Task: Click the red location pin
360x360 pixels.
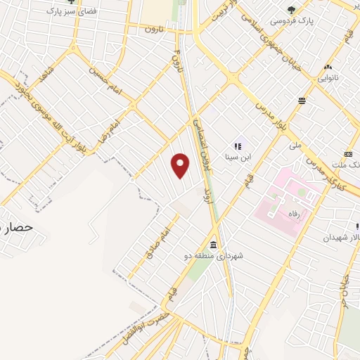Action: pyautogui.click(x=181, y=165)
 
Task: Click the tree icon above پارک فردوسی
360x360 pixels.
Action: pyautogui.click(x=292, y=9)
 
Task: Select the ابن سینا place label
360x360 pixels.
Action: pyautogui.click(x=238, y=157)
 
